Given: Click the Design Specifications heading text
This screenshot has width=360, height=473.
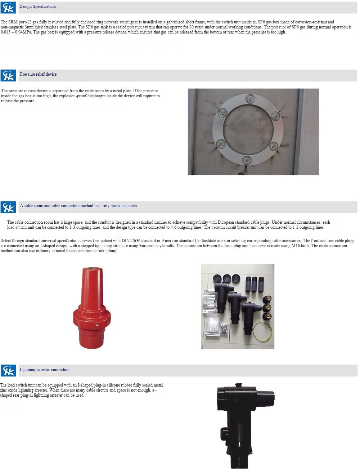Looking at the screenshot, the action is pyautogui.click(x=38, y=6).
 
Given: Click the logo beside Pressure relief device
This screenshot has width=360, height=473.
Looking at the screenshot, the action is pyautogui.click(x=8, y=75).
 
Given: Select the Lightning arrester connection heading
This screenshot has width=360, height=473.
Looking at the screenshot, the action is pyautogui.click(x=45, y=370).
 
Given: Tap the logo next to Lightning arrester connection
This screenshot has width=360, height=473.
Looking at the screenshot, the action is pyautogui.click(x=8, y=370).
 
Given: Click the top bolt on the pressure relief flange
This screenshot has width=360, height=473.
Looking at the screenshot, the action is pyautogui.click(x=250, y=99).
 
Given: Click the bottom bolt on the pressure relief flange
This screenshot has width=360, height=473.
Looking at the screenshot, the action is pyautogui.click(x=247, y=160).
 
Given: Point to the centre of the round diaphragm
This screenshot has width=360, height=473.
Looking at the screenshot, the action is pyautogui.click(x=248, y=130).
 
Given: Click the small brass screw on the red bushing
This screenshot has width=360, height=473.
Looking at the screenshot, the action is pyautogui.click(x=97, y=325).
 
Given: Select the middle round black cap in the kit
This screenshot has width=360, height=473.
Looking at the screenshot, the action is pyautogui.click(x=227, y=278).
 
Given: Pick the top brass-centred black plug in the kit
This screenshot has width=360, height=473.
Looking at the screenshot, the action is pyautogui.click(x=267, y=299).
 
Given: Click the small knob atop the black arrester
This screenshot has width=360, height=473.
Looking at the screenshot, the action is pyautogui.click(x=239, y=385).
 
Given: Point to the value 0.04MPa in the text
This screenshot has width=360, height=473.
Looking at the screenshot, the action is pyautogui.click(x=23, y=32).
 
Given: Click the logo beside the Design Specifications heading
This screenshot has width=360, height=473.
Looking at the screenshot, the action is pyautogui.click(x=8, y=8).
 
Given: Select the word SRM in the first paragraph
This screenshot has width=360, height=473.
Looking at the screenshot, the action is pyautogui.click(x=13, y=22).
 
